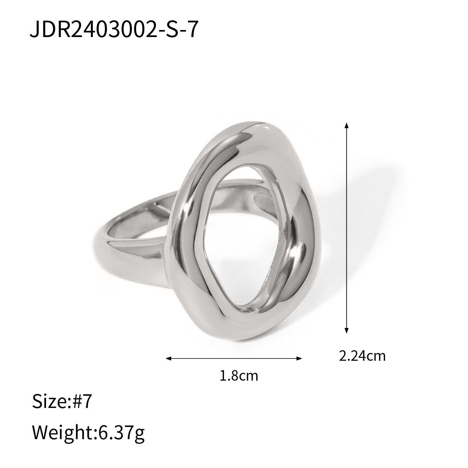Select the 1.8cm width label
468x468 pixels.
[x=239, y=376]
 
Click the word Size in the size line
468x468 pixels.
[x=50, y=402]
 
